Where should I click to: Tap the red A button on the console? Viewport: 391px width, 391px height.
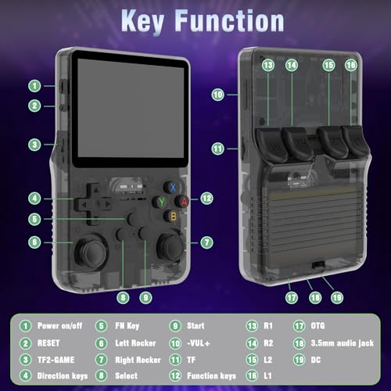pyautogui.click(x=184, y=201)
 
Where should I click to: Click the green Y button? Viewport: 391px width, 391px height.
pyautogui.click(x=160, y=201)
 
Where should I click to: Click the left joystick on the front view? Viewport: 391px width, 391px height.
pyautogui.click(x=90, y=249)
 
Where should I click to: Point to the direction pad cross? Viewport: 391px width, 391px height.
pyautogui.click(x=91, y=202)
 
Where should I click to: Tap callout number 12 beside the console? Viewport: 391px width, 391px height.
pyautogui.click(x=206, y=199)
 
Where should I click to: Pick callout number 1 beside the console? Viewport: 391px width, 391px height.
pyautogui.click(x=35, y=85)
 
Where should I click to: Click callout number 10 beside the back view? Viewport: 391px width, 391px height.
pyautogui.click(x=218, y=94)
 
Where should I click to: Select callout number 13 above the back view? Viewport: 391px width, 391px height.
pyautogui.click(x=268, y=66)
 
